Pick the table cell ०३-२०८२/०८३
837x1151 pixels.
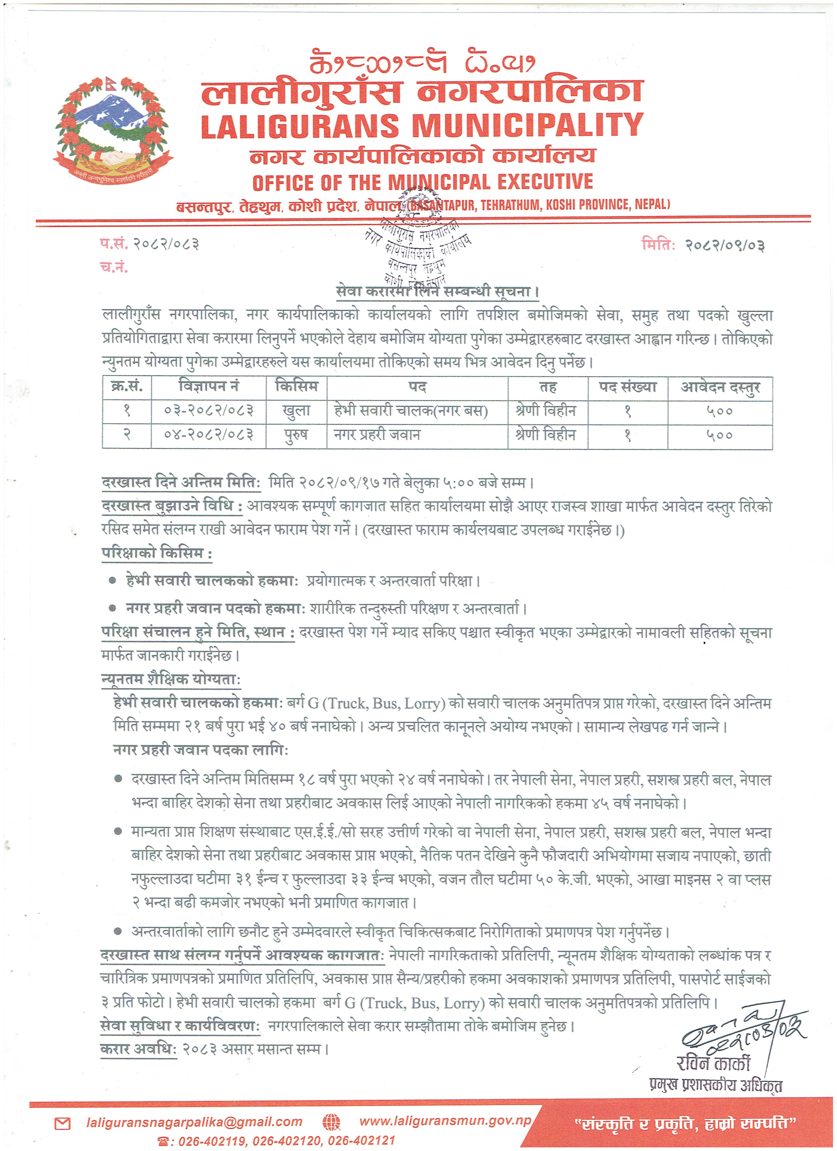point(209,411)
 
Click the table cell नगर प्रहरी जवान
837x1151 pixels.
point(376,435)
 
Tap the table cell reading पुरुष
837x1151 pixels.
point(296,435)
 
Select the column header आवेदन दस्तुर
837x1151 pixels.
point(720,388)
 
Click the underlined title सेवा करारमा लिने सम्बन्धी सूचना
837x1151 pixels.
point(437,292)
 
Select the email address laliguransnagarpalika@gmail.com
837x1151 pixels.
point(194,1122)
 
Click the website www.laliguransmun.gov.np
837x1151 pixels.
point(445,1121)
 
